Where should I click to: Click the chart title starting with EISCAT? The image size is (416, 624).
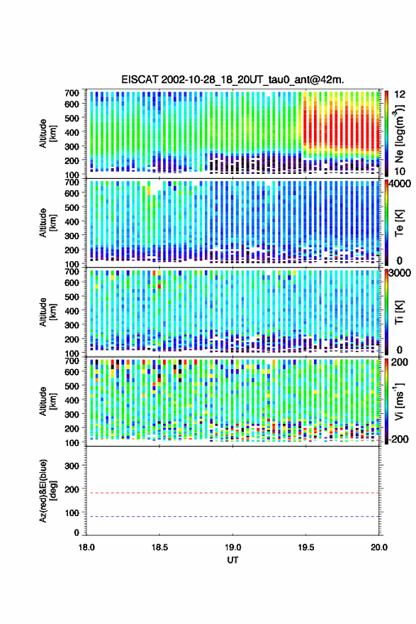point(232,80)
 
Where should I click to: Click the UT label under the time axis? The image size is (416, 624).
point(233,560)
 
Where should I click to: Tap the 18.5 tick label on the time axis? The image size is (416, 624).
point(159,547)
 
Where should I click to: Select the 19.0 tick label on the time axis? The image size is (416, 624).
point(232,547)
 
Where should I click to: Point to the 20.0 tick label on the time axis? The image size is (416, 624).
point(379,547)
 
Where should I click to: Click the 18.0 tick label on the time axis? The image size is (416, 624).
point(86,547)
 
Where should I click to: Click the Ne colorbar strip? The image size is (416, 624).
point(387,133)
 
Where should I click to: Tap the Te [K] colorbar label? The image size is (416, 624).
point(399,223)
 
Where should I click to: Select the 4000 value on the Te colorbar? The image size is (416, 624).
point(400,185)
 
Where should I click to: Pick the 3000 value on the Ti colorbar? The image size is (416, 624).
point(400,273)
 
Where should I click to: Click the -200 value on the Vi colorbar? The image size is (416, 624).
point(398,439)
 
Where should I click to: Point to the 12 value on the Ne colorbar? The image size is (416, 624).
point(400,94)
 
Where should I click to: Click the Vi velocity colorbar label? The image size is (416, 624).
point(399,401)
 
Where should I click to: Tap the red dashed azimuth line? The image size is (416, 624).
point(233,493)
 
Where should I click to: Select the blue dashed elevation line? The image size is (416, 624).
point(233,517)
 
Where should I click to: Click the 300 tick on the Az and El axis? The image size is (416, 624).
point(72,466)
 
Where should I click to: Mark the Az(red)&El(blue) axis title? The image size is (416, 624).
point(48,491)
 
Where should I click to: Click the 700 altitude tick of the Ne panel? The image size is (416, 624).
point(72,93)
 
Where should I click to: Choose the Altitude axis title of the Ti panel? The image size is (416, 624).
point(47,312)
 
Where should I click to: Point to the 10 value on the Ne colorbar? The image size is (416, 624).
point(400,172)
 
